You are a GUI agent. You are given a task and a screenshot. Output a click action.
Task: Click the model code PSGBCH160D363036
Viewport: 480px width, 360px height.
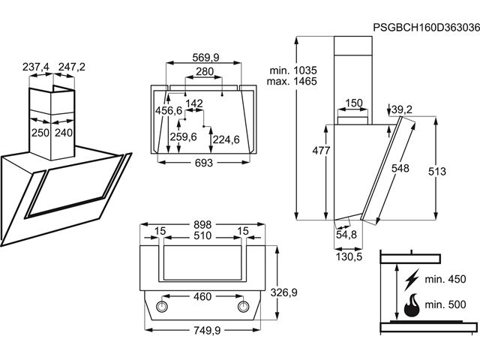coord(424,28)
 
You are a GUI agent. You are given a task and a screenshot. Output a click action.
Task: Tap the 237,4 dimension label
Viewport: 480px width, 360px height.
coord(36,67)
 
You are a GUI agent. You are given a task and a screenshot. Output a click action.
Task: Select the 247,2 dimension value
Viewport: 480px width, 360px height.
coord(72,67)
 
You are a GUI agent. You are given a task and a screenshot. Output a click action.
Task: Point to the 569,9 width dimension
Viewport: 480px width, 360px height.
coord(205,58)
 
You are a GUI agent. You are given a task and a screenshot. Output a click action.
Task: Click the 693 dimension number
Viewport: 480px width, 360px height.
coord(204,163)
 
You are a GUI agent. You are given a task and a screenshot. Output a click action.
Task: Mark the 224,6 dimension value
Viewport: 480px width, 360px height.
coord(226,139)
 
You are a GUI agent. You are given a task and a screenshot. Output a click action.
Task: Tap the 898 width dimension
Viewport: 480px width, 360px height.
coord(205,224)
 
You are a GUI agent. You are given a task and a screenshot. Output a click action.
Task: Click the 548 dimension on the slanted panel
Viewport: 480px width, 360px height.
coord(400,169)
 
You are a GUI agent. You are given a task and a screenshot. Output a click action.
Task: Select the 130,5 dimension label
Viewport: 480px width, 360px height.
coord(347,256)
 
